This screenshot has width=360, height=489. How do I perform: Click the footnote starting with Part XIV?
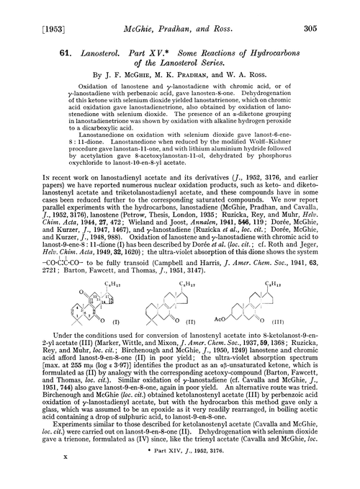pos(218,461)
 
